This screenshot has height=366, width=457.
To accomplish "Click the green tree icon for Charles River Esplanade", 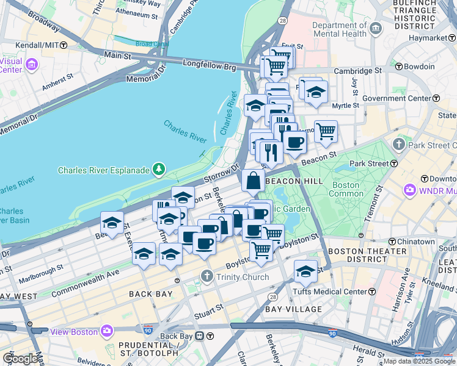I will point(159,169).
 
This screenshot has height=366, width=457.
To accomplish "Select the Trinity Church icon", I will point(208,277).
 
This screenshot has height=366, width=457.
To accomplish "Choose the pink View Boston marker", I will point(108,331).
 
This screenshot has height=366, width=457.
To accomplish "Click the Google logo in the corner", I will point(20,358).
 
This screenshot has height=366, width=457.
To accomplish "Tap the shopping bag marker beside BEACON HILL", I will point(253,181).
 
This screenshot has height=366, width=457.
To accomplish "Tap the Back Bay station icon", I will point(210,336).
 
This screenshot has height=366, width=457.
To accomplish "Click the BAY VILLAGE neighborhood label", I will point(293,309).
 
